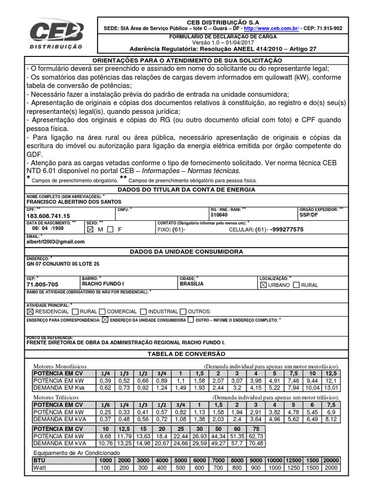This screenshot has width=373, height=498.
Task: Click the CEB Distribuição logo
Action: tap(56, 37)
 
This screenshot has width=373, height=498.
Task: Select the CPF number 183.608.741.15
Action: tap(48, 215)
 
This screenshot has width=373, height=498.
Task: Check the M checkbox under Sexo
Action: tap(89, 229)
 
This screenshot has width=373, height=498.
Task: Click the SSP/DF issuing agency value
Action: tap(309, 214)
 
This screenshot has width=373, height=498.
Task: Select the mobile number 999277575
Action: tap(287, 229)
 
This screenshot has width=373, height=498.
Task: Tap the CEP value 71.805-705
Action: tap(43, 284)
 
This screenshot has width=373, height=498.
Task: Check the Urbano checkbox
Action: tap(264, 285)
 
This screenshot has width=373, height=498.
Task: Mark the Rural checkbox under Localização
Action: tap(296, 285)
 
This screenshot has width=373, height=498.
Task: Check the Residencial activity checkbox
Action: tap(30, 311)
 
